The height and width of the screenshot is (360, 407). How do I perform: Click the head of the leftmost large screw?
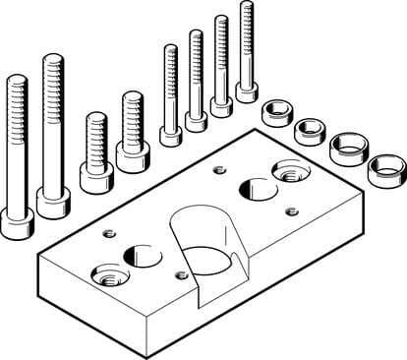[18, 225]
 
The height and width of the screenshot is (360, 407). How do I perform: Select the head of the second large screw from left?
[53, 203]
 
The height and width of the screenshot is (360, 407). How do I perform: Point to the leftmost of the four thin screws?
[171, 98]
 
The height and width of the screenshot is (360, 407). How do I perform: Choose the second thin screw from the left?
[196, 84]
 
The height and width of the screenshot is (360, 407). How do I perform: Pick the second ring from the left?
[311, 130]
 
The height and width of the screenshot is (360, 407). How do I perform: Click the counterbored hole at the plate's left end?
[109, 276]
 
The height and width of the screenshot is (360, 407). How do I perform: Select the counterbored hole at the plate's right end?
[290, 169]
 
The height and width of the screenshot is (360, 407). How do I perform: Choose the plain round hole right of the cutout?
[259, 187]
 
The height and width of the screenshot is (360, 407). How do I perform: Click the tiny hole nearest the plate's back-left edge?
[109, 233]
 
